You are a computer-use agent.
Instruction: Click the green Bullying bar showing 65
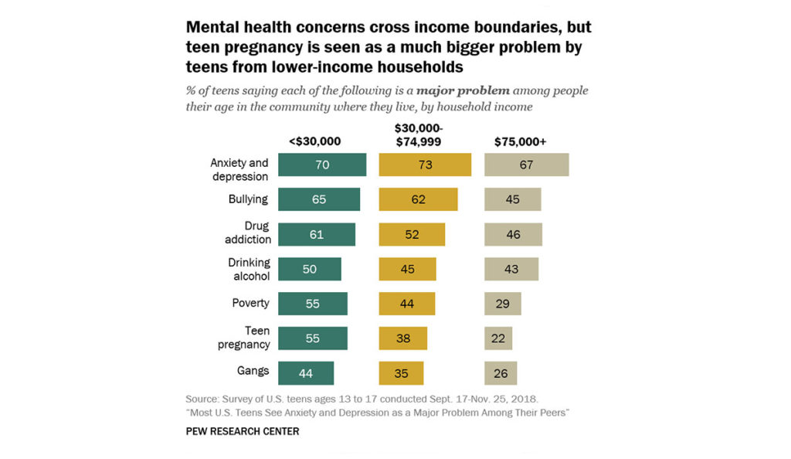click(x=318, y=199)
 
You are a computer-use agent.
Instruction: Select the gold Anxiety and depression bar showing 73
click(x=425, y=165)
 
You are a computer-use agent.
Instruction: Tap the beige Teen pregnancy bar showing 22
click(x=498, y=338)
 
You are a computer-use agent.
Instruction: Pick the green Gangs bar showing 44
click(x=306, y=373)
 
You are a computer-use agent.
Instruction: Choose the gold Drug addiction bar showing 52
click(x=412, y=234)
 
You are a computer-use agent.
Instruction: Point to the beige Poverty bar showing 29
click(x=503, y=304)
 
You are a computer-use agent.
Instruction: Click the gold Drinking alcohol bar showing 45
click(x=407, y=269)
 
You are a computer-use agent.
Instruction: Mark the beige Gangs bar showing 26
click(x=501, y=373)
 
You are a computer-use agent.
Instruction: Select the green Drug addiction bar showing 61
click(x=317, y=234)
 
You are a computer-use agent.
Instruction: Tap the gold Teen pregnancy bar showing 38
click(x=402, y=338)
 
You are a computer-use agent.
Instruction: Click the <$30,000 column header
click(x=314, y=141)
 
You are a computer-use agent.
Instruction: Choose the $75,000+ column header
click(x=520, y=141)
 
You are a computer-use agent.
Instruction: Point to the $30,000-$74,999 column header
click(x=423, y=134)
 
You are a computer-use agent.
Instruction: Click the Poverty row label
click(x=250, y=303)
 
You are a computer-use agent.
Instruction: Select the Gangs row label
click(x=253, y=371)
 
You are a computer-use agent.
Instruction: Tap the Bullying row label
click(x=249, y=199)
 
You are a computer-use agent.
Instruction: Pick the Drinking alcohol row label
click(x=248, y=269)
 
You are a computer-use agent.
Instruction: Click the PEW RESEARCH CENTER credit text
click(x=243, y=431)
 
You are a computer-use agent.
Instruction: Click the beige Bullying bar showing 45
click(x=512, y=199)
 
